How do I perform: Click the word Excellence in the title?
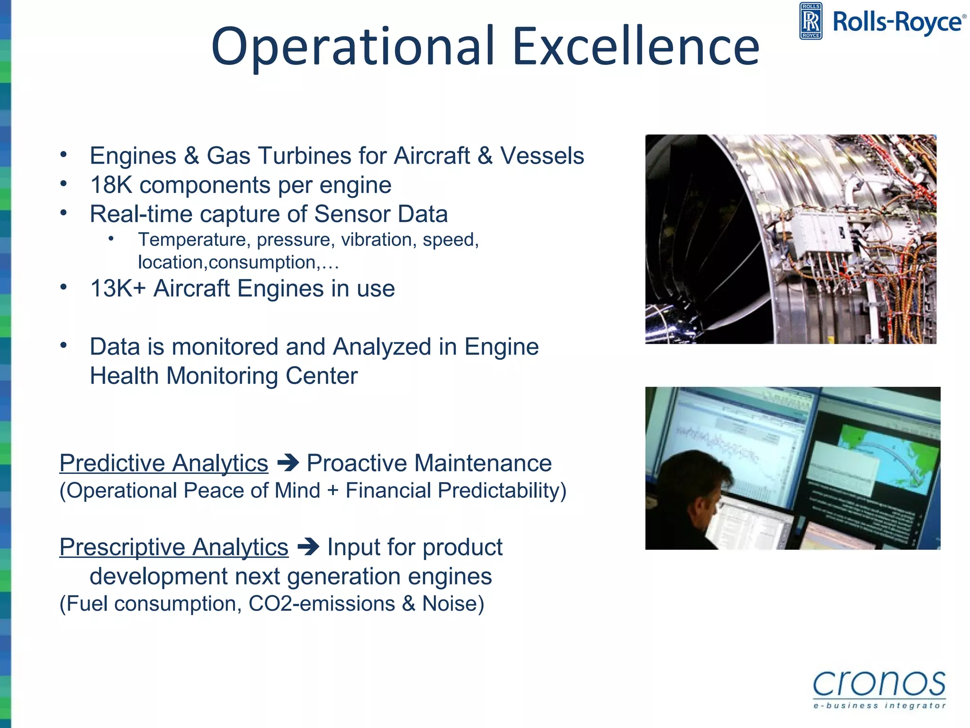click(x=636, y=46)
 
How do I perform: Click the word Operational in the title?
click(x=353, y=46)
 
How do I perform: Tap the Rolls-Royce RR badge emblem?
click(x=810, y=21)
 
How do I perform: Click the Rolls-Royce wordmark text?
click(x=898, y=22)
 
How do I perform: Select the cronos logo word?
click(x=879, y=683)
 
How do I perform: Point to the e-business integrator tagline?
click(x=879, y=706)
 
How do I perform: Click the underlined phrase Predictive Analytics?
click(x=164, y=463)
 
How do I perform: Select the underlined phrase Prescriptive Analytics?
click(x=174, y=547)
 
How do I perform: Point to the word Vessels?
click(x=542, y=155)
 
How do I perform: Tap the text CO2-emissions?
click(x=322, y=604)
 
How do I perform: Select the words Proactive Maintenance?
click(x=429, y=463)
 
